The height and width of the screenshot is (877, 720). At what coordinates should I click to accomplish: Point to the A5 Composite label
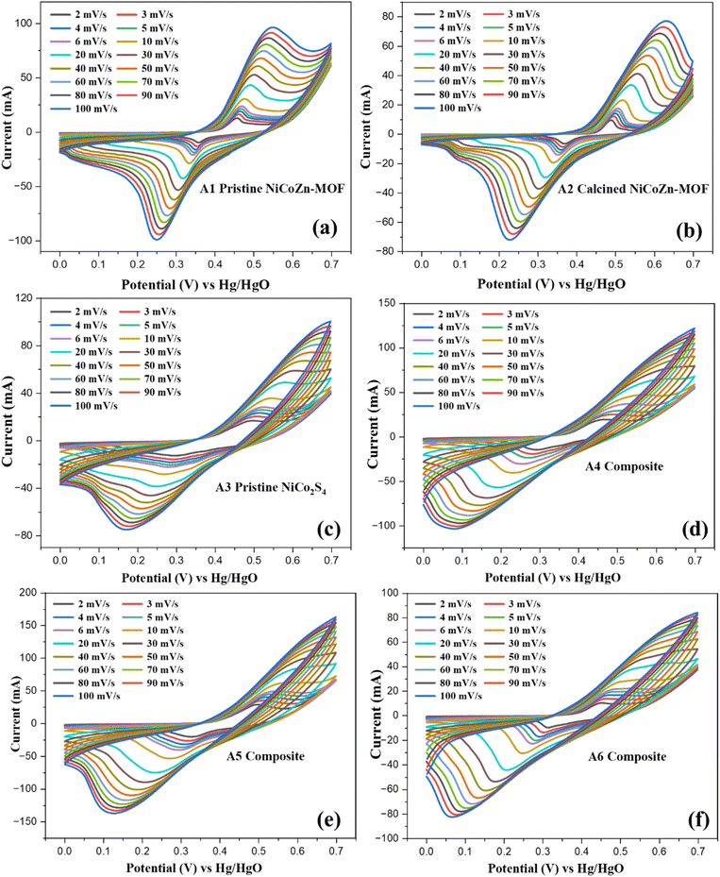click(x=271, y=755)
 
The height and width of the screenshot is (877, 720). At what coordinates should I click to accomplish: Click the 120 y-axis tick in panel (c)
click(x=35, y=297)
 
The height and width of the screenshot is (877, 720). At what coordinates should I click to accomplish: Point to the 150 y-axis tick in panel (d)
click(x=393, y=301)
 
